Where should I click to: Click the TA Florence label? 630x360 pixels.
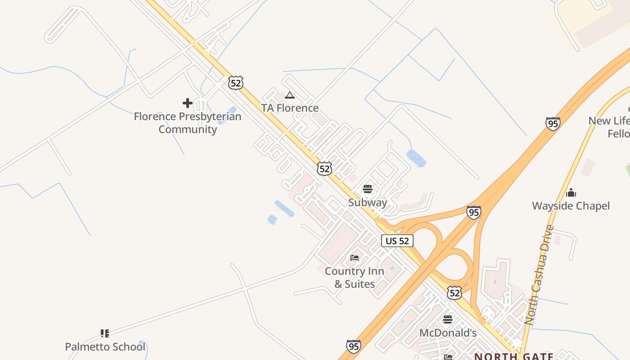point(290,108)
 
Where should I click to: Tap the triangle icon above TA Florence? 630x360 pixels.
point(290,95)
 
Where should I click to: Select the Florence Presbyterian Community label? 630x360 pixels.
point(188,123)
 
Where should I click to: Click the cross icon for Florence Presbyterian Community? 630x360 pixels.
point(188,103)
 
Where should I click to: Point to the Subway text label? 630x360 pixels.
point(368,202)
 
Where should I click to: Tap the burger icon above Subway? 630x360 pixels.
point(368,189)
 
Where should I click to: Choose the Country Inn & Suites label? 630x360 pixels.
point(355,278)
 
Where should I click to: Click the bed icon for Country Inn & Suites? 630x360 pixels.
point(355,258)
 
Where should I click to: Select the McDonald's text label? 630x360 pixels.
point(448,333)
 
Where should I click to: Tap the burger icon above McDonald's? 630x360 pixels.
point(448,319)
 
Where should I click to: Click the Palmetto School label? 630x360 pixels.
point(105,347)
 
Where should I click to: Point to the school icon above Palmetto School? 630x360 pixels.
point(105,333)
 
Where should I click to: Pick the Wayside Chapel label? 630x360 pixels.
point(571,206)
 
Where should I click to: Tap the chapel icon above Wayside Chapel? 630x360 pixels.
point(571,193)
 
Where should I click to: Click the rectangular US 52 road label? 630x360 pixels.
point(397,241)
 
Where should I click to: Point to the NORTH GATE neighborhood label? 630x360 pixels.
point(514,356)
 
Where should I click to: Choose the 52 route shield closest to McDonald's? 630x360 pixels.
point(454,293)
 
